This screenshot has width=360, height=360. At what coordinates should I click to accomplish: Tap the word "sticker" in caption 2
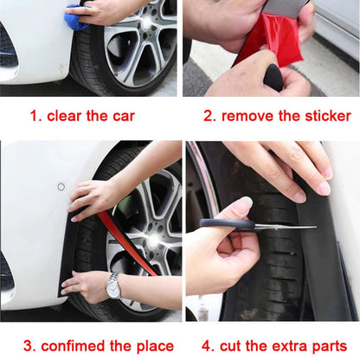tap(318, 116)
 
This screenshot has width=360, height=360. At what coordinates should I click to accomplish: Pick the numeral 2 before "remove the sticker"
tap(209, 116)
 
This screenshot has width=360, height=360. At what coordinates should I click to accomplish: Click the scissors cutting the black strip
tap(247, 224)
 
